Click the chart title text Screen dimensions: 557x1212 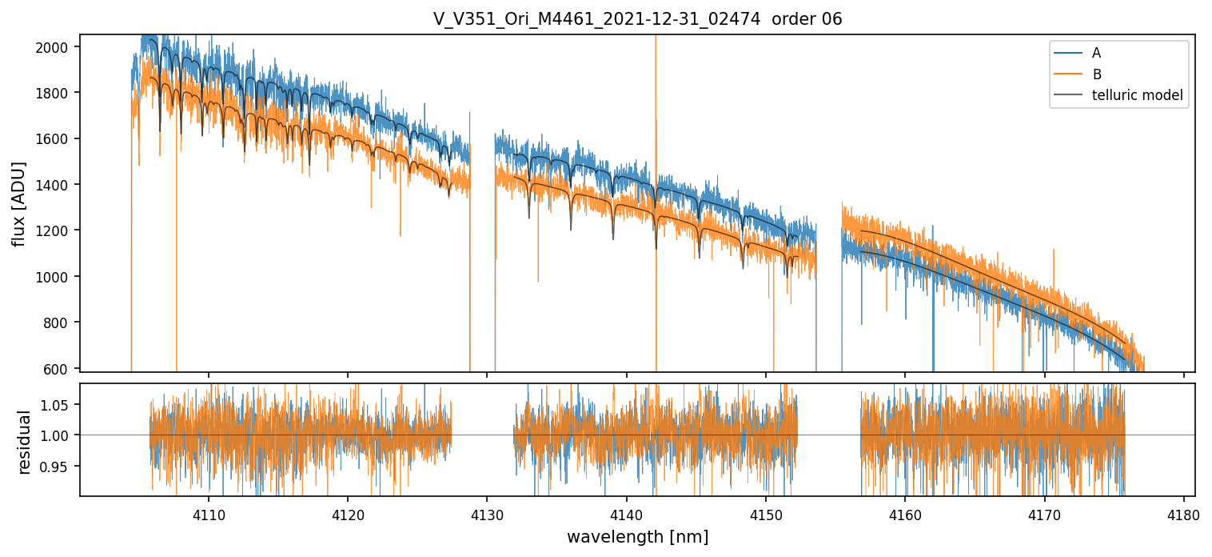637,19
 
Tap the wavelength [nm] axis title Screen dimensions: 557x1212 637,537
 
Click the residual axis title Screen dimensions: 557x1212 24,442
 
